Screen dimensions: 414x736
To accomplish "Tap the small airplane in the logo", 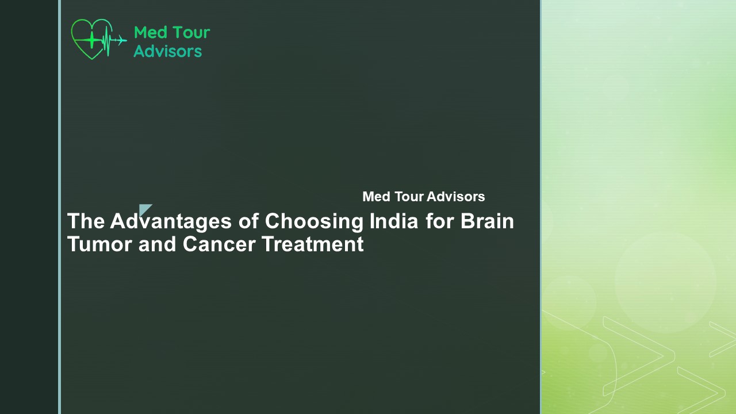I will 121,41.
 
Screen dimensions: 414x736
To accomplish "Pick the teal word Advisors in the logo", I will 167,51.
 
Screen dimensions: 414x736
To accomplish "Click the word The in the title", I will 86,221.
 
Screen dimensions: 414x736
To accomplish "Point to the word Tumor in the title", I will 99,244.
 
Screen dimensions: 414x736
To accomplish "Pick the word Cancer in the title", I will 218,244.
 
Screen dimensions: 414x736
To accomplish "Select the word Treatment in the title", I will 312,244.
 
